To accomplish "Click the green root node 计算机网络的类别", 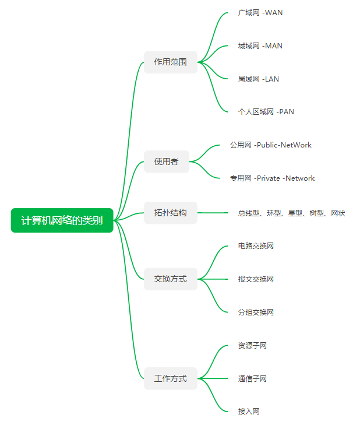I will [62, 220].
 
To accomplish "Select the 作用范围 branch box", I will [171, 62].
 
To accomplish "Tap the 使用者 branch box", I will [167, 161].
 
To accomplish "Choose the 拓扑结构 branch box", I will [171, 213].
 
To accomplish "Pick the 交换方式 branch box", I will [171, 279].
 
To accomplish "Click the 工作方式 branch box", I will [171, 378].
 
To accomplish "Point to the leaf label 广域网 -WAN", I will [260, 12].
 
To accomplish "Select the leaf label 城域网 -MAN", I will [260, 45].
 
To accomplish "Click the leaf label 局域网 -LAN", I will [259, 79].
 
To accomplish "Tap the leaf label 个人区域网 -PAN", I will [266, 111].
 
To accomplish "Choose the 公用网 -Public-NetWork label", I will [271, 145].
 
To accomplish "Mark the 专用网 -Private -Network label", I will [272, 178].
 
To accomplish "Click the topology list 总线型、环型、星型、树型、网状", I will [292, 213].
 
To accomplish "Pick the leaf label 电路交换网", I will [256, 245].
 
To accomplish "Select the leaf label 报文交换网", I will [256, 279].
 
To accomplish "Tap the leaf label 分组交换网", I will [256, 312].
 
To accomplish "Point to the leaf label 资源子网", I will [252, 345].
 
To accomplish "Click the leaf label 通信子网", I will [252, 378].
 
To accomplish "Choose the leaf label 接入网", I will [249, 411].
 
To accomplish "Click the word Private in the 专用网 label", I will [268, 178].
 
